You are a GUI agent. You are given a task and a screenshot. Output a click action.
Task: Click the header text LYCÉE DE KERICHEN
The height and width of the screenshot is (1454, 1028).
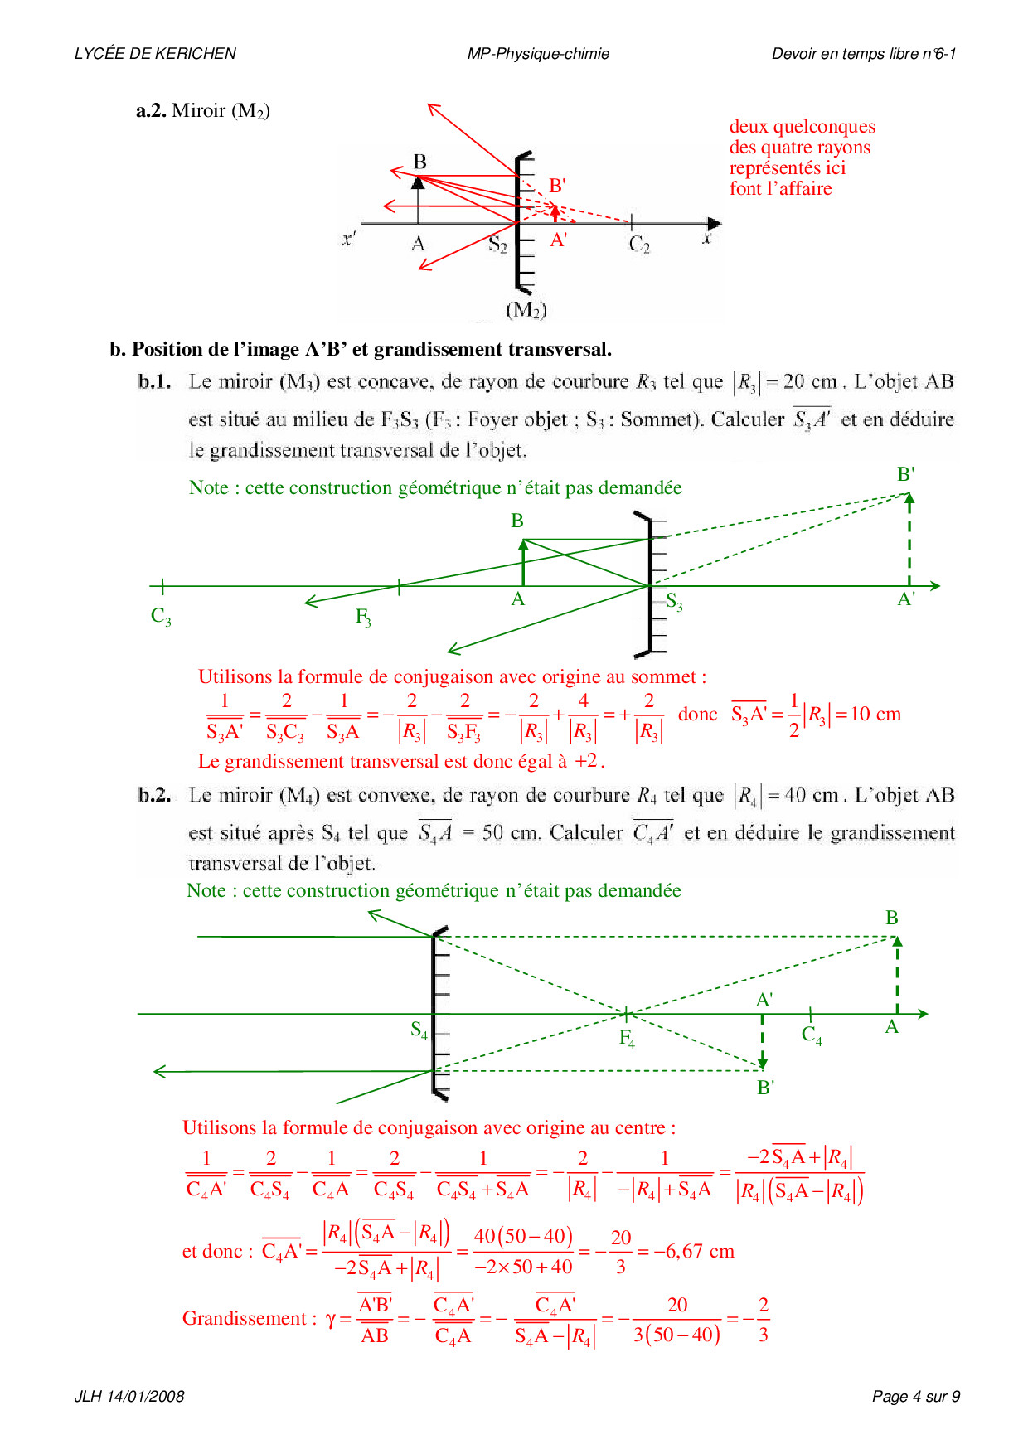tap(155, 54)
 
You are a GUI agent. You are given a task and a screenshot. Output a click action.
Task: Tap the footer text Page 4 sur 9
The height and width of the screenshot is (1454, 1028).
tap(915, 1396)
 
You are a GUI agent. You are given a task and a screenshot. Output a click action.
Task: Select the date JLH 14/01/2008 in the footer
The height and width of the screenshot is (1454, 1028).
tap(129, 1396)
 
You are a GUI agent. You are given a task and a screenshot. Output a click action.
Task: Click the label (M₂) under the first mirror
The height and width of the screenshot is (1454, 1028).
tap(526, 310)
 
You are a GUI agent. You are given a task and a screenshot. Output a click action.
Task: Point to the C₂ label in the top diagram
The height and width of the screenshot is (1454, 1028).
tap(639, 245)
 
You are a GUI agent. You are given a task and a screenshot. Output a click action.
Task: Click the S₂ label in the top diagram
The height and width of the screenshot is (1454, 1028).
tap(497, 245)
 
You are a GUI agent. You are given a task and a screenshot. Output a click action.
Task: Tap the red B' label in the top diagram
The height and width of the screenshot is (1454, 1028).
tap(557, 186)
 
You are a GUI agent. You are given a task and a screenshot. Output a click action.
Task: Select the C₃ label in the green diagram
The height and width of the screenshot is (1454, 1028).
tap(161, 617)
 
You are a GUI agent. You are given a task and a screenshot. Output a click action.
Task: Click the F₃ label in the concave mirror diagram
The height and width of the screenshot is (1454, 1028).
tap(363, 618)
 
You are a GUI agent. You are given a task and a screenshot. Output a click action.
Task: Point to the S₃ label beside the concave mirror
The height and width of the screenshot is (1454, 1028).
tap(675, 603)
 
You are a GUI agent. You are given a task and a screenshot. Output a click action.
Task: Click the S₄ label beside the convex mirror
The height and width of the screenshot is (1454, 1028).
tap(419, 1030)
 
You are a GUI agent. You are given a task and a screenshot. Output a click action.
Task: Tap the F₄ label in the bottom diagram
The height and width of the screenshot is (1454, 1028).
tap(627, 1039)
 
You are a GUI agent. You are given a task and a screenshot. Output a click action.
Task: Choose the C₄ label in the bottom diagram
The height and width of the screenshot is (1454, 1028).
tap(812, 1035)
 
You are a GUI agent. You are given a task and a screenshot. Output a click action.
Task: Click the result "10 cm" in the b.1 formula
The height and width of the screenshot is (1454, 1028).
tap(875, 714)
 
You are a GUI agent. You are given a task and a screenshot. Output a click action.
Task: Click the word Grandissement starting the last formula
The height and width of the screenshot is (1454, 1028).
tap(245, 1318)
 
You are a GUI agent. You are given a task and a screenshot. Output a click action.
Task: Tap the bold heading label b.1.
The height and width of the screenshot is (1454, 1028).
tap(155, 381)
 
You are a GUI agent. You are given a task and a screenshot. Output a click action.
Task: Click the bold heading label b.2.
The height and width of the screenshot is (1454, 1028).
tap(155, 795)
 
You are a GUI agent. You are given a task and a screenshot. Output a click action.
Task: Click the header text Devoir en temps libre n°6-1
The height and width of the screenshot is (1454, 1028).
tap(864, 54)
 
